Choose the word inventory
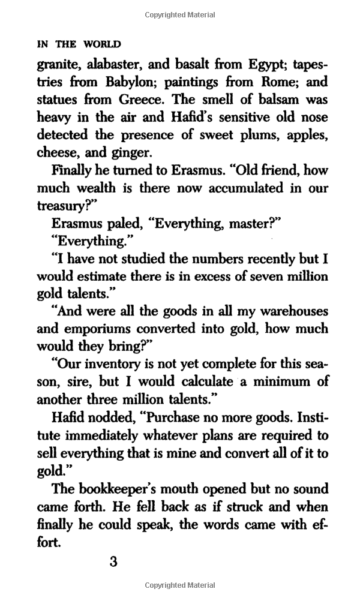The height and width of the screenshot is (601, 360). pos(107,364)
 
